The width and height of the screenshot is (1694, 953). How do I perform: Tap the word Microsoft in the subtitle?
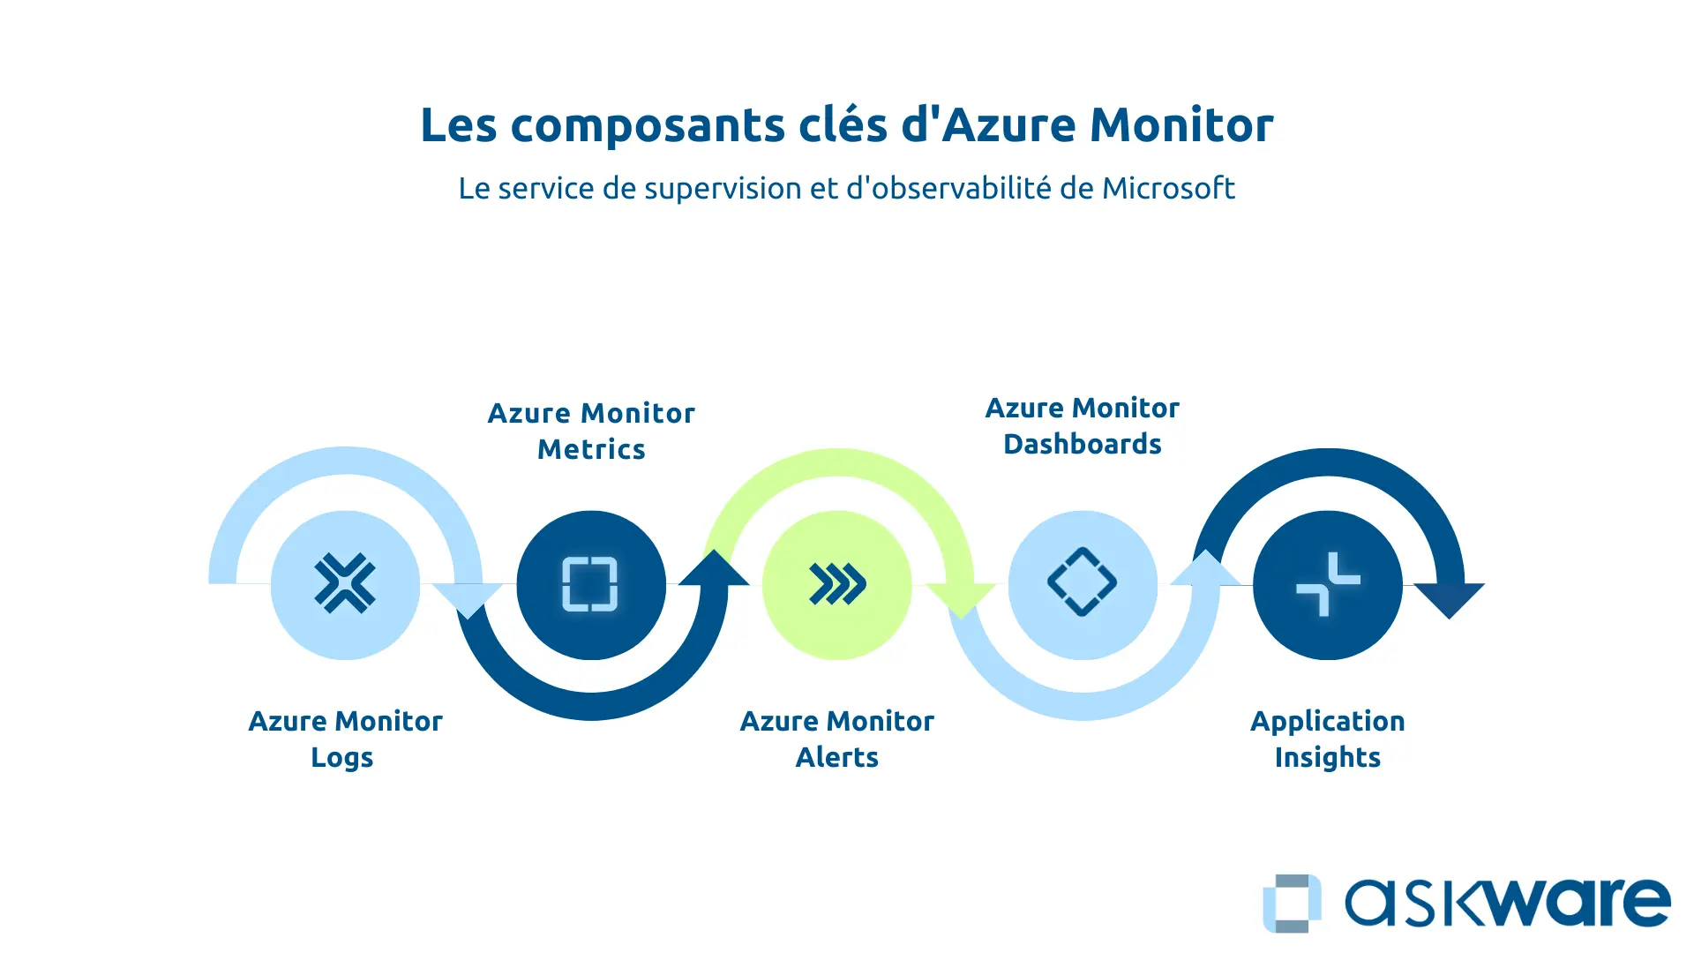[x=1168, y=188]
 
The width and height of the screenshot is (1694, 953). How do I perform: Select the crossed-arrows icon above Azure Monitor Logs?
[x=345, y=583]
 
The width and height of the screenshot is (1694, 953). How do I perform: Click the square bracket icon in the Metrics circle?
[x=590, y=584]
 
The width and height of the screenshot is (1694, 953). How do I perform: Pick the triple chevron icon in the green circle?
[x=837, y=584]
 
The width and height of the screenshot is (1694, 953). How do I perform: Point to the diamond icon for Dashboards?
[x=1083, y=582]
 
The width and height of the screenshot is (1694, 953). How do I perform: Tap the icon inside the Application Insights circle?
[x=1328, y=584]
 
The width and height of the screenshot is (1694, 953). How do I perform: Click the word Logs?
[x=342, y=758]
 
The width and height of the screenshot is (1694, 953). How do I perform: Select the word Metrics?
[x=591, y=449]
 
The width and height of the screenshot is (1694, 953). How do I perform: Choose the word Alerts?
[x=837, y=757]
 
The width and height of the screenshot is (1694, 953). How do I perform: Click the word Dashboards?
[x=1083, y=444]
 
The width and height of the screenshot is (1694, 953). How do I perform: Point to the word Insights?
[x=1328, y=757]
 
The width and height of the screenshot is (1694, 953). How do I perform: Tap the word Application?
[x=1328, y=721]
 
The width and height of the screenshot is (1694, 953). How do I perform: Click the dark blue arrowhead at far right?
[x=1449, y=598]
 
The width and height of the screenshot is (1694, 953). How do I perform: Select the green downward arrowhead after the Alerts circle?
[x=961, y=598]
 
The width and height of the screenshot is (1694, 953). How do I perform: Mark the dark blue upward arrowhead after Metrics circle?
[x=714, y=569]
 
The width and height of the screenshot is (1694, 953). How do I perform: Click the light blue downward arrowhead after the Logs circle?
[x=468, y=598]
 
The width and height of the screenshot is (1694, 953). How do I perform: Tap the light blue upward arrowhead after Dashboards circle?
[x=1205, y=569]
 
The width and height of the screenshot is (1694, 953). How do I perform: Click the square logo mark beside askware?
[x=1292, y=903]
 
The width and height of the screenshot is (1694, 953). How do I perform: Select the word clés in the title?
[x=843, y=124]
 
